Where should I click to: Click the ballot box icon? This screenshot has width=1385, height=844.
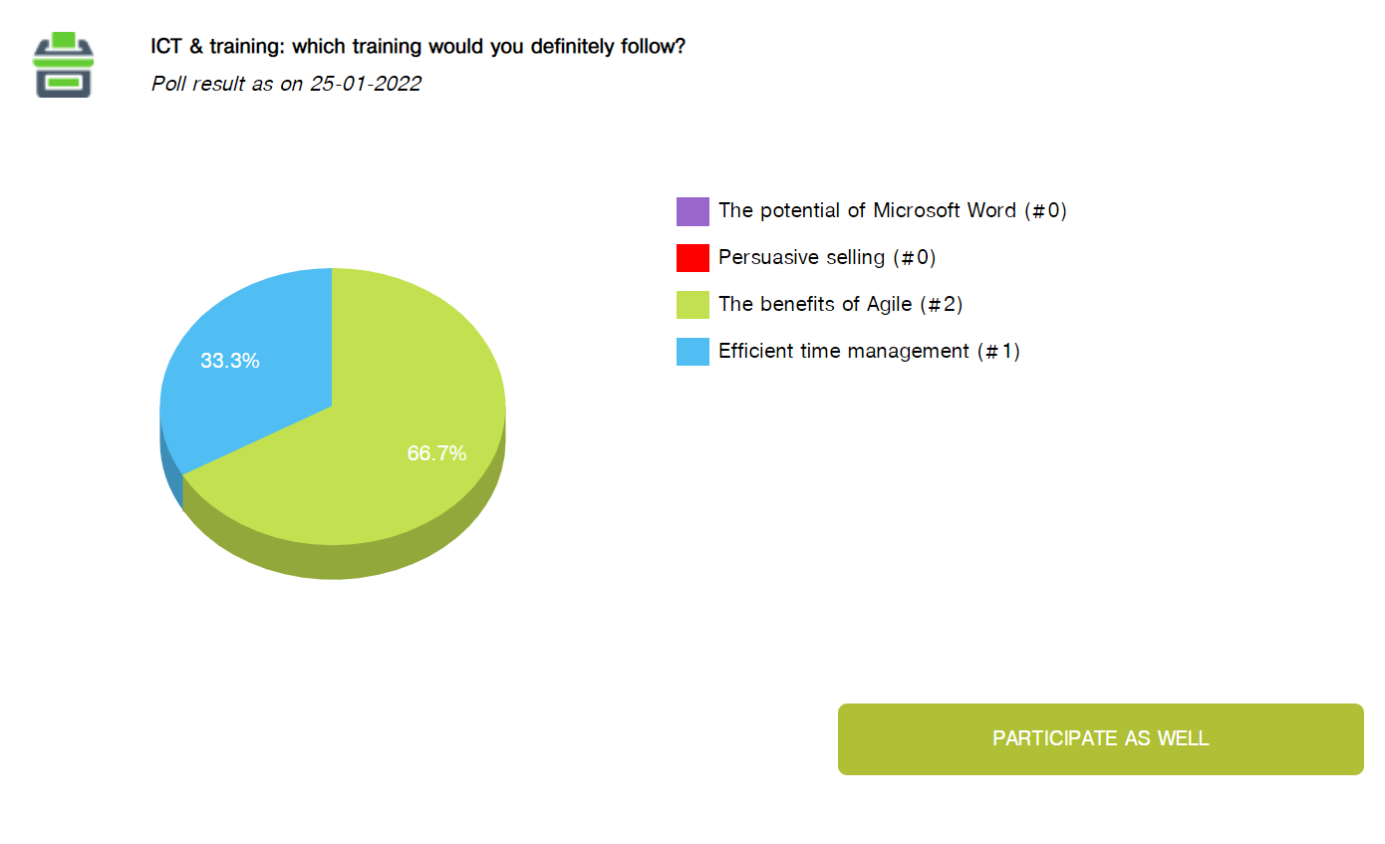[x=63, y=65]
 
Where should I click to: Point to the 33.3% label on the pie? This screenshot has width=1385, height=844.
[x=230, y=361]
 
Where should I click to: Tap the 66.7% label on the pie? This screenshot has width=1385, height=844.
[x=436, y=453]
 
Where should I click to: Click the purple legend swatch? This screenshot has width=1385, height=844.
[x=692, y=211]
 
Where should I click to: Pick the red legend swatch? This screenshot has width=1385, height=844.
[x=692, y=258]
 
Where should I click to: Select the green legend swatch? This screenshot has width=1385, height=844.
[x=692, y=305]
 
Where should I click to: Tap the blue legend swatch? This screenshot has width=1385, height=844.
[x=692, y=352]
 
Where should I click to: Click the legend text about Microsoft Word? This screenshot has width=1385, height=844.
[x=892, y=211]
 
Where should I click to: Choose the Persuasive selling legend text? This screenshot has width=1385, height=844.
[x=827, y=258]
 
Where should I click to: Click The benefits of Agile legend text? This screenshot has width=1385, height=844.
[x=840, y=305]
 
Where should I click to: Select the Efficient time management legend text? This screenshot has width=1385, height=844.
[x=869, y=352]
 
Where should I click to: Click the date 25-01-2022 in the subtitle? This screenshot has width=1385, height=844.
[x=366, y=84]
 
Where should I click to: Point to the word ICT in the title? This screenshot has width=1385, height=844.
[x=165, y=47]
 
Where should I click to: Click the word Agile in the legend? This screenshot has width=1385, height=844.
[x=889, y=305]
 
